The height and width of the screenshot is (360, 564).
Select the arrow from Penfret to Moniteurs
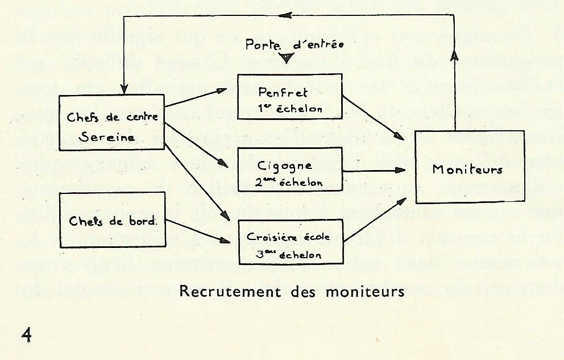(372, 117)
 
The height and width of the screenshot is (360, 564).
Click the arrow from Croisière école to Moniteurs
(375, 219)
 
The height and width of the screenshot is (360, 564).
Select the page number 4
(26, 335)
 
